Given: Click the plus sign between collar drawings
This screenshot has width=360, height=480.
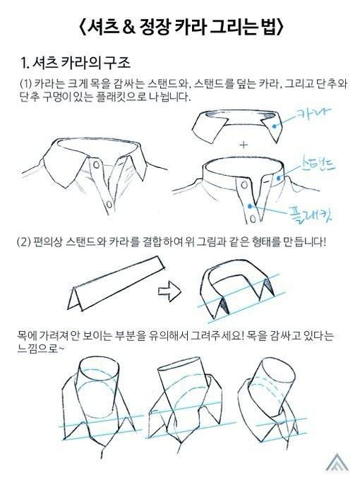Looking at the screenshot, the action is click(244, 145).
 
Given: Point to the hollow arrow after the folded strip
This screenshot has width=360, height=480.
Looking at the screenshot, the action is click(169, 291).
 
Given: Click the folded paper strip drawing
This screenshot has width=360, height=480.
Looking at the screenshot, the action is click(116, 283).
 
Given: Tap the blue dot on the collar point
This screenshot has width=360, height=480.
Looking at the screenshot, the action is click(275, 126).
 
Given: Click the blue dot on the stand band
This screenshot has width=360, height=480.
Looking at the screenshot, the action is click(278, 178).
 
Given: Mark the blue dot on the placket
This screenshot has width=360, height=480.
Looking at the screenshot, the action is click(251, 206).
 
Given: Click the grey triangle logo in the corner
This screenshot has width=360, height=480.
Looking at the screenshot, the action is click(337, 462).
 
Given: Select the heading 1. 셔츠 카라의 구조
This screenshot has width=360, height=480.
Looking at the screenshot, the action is click(76, 62).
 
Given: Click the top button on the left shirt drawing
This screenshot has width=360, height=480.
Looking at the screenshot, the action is click(96, 165).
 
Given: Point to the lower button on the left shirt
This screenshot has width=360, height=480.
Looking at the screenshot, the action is click(109, 204).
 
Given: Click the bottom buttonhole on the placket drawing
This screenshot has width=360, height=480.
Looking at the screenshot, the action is click(253, 219).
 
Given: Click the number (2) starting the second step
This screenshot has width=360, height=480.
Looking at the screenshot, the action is click(23, 242).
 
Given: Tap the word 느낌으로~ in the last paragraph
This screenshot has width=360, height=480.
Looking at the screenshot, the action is click(41, 349).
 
